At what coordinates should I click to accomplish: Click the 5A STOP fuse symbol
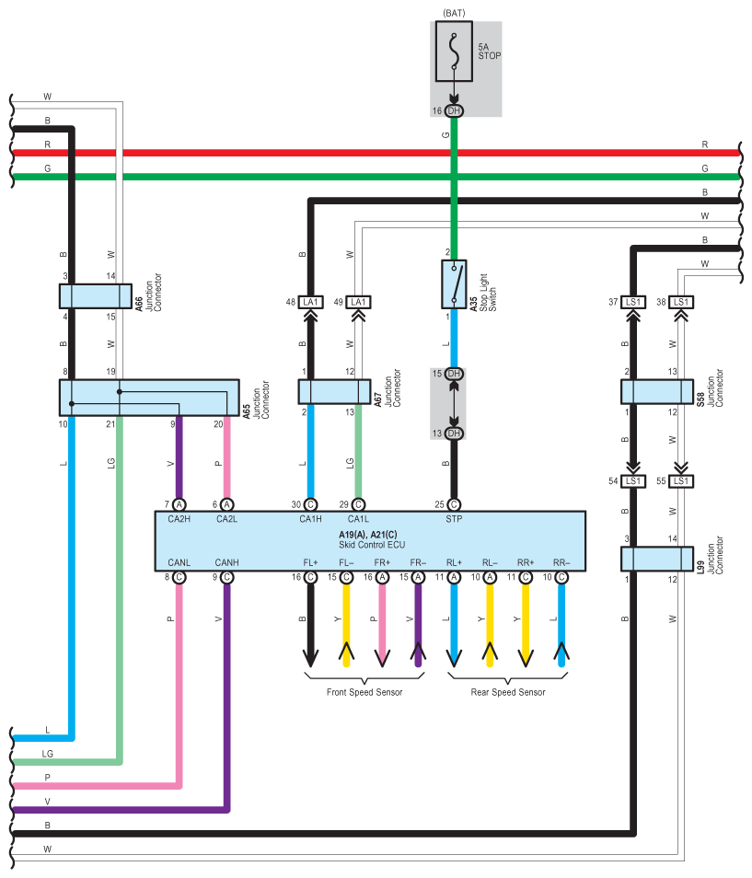454,52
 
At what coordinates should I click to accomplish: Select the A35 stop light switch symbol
454,283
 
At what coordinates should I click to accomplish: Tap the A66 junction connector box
96,296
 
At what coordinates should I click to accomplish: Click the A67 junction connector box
334,392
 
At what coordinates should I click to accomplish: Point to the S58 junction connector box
657,392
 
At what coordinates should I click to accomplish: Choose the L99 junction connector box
657,559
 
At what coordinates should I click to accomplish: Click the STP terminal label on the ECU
454,519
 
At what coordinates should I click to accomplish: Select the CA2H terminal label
179,519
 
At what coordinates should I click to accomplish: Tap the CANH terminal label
226,562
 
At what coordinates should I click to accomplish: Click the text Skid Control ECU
372,544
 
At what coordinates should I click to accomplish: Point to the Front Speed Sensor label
364,692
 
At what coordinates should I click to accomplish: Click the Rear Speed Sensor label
508,692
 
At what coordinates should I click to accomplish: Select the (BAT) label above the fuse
454,13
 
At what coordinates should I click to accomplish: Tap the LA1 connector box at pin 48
310,303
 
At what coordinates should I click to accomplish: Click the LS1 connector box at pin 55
681,481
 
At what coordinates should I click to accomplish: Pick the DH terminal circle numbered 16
454,110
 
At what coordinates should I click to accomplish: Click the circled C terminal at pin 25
454,504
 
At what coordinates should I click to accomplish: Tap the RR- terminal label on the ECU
561,562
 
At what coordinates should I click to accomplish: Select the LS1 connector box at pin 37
633,303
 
